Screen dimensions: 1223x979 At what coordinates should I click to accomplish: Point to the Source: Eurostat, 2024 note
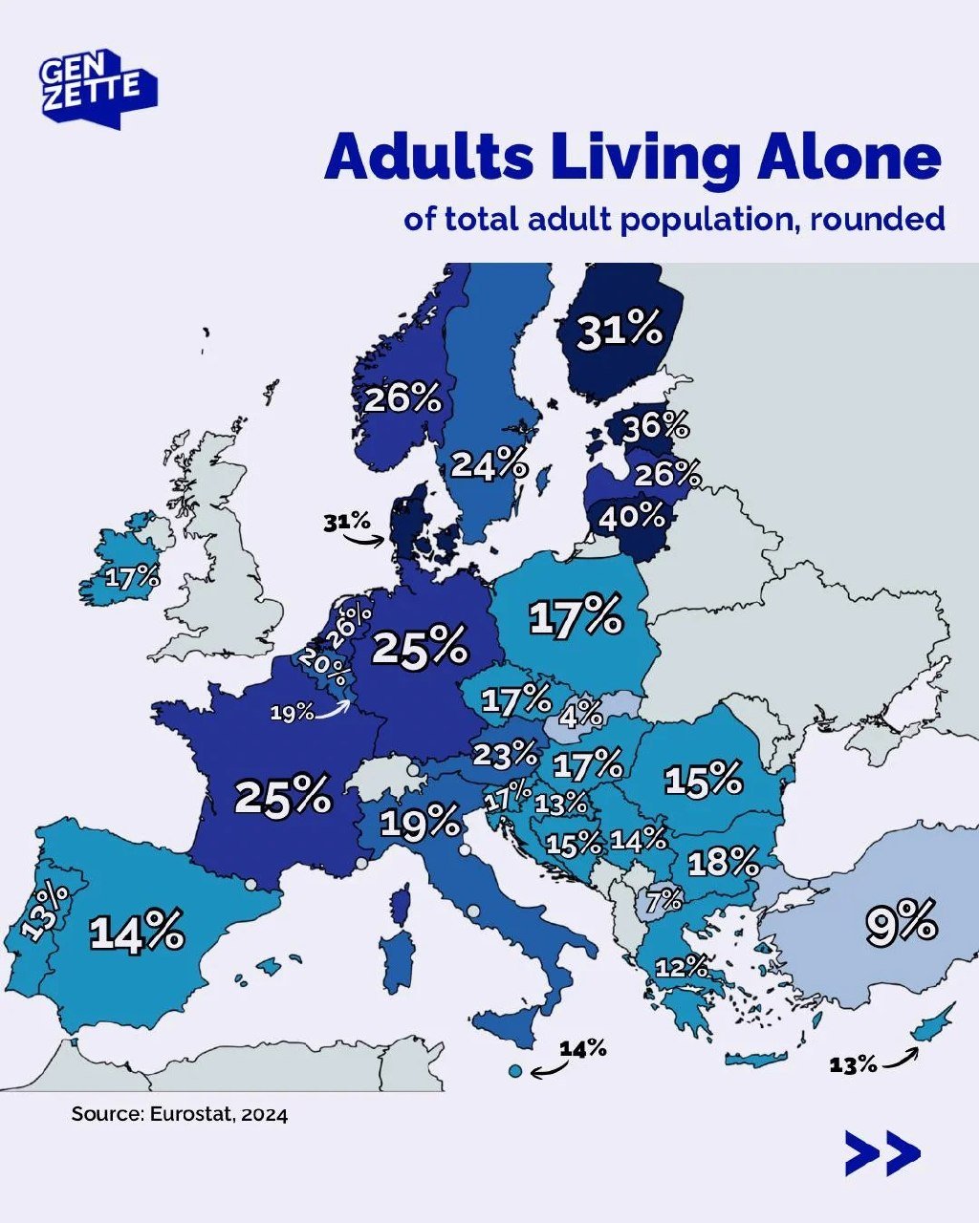coord(179,1114)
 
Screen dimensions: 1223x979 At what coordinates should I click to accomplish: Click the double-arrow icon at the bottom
coord(882,1153)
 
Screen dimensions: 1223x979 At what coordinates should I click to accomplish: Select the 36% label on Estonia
coord(656,426)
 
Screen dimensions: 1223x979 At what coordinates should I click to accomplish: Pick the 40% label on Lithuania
coord(631,517)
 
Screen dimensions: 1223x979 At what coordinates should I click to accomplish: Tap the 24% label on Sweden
coord(489,464)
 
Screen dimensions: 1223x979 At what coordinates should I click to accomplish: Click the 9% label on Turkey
coord(901,924)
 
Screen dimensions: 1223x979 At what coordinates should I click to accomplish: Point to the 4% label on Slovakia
coord(581,713)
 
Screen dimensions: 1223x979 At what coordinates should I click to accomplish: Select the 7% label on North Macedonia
coord(664,899)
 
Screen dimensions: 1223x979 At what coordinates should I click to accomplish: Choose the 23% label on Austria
coord(506,755)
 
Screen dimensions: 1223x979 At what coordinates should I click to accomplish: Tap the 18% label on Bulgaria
coord(723,863)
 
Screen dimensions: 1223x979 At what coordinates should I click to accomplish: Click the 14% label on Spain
coord(137,932)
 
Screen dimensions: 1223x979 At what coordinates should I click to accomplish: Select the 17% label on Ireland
coord(133,578)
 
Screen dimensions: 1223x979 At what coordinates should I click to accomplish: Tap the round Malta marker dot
coord(515,1070)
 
